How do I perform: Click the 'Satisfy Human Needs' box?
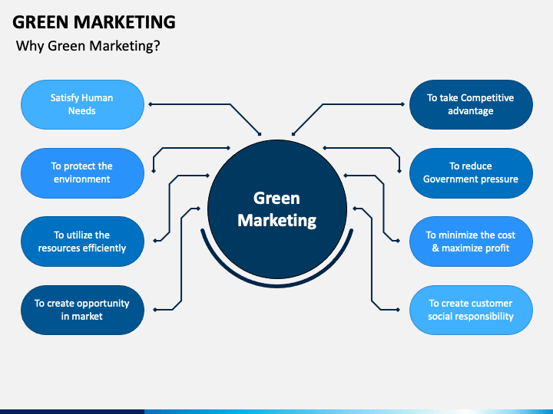tap(82, 104)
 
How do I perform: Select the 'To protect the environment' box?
tap(82, 172)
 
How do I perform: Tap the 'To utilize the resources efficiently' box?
tap(82, 242)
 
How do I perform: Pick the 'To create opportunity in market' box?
tap(82, 309)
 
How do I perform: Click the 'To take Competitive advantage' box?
tap(471, 104)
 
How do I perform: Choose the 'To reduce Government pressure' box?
tap(471, 172)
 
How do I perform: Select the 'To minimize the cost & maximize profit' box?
tap(471, 242)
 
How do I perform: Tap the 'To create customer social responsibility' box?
tap(471, 309)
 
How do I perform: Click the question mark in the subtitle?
tap(157, 46)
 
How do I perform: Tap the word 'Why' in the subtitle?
tap(30, 46)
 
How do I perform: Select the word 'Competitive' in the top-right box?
tap(487, 98)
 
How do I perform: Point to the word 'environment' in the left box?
tap(82, 179)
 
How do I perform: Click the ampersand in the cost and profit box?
tap(435, 248)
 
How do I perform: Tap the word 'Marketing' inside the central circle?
tap(276, 220)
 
